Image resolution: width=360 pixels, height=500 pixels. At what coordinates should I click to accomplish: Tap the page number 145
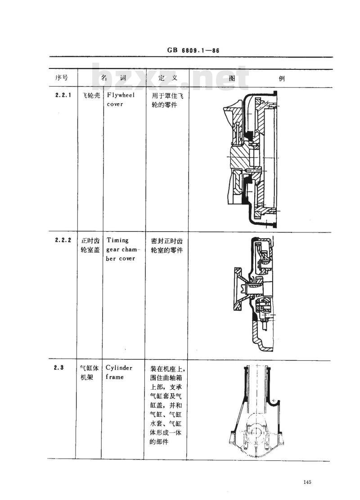click(x=308, y=482)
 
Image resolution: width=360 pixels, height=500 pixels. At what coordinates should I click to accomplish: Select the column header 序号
click(x=61, y=78)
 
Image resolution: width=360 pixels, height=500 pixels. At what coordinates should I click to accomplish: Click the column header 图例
click(x=256, y=78)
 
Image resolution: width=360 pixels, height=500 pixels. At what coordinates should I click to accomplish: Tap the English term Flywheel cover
click(x=120, y=100)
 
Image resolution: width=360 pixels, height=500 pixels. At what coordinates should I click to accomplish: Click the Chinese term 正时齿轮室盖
click(x=90, y=245)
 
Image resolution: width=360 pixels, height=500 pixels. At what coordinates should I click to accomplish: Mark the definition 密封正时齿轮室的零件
click(x=164, y=245)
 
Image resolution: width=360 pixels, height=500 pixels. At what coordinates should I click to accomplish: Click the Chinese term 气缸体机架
click(x=89, y=373)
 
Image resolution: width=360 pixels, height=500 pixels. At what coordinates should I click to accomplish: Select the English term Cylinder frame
click(x=119, y=373)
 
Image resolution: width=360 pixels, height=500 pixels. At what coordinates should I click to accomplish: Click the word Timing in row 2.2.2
click(x=117, y=241)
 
